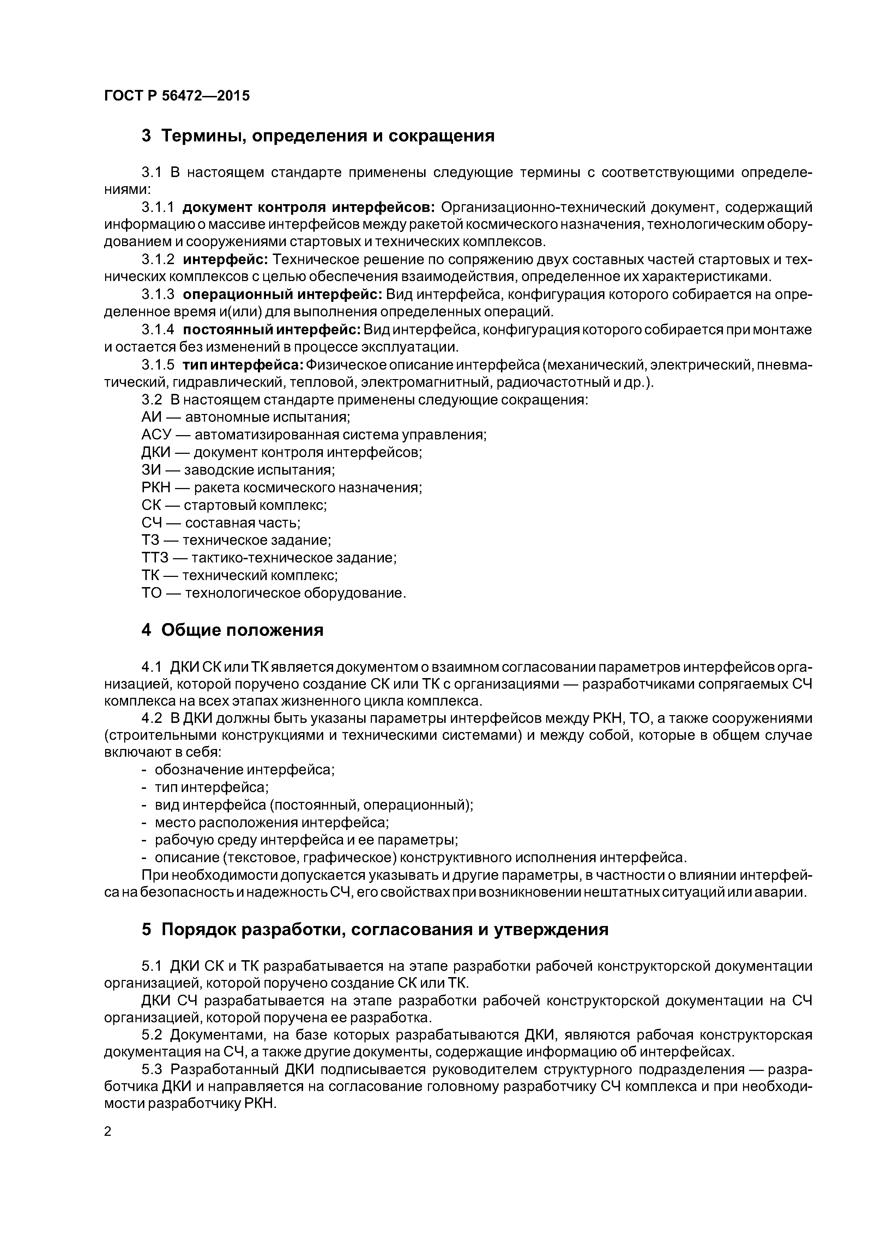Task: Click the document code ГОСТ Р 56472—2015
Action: (x=177, y=96)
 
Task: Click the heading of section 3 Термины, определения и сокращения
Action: (x=318, y=136)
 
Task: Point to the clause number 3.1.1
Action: (x=158, y=207)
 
